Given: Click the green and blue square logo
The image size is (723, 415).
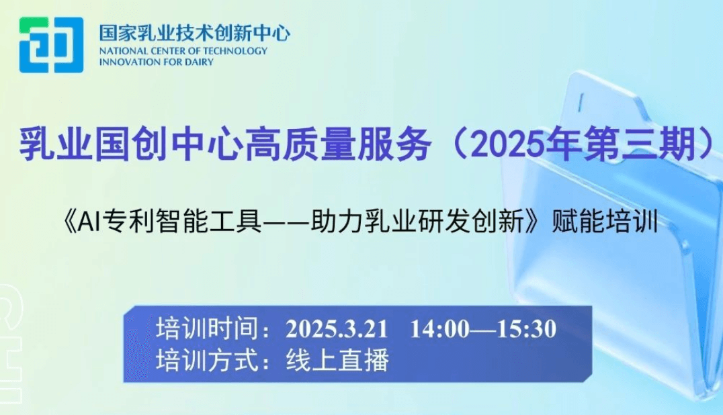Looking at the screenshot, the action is point(51,45).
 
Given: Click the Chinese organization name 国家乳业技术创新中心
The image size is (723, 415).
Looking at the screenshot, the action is point(195,33).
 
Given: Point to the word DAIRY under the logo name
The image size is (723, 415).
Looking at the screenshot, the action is point(201,62).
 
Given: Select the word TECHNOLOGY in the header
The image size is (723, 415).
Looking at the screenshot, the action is point(236,51).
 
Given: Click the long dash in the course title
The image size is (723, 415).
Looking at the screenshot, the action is point(286,223).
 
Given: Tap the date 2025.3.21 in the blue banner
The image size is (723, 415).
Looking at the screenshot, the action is point(337,329).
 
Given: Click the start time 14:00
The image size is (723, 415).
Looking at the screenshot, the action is point(439,329).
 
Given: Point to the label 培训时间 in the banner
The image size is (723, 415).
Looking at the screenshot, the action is point(207,329).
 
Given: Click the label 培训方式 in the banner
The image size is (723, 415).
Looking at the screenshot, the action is point(207,360).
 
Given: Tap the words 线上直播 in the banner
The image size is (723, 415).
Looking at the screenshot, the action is point(337,360).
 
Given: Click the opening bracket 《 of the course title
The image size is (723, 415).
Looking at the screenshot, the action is point(69,222).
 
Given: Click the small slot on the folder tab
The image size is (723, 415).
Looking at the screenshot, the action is point(581,102).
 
